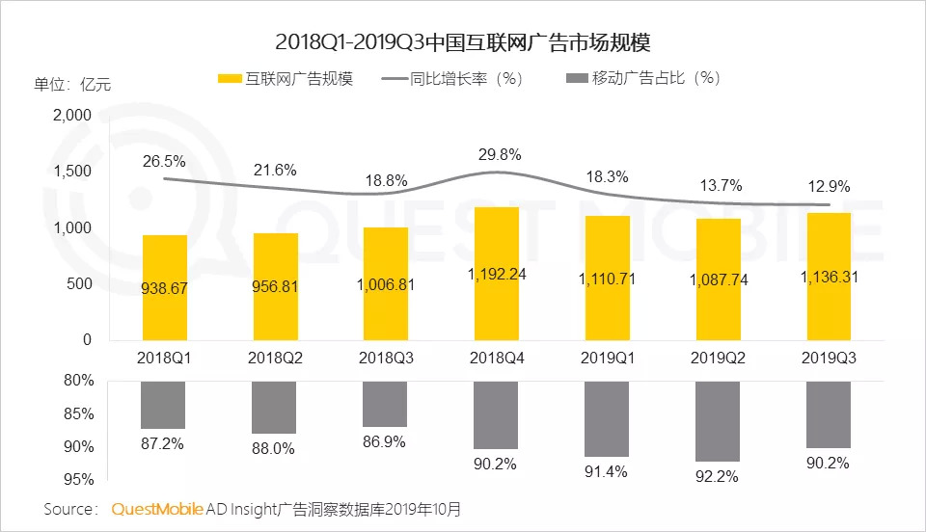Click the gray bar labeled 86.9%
click(x=385, y=404)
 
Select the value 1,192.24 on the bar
click(x=496, y=275)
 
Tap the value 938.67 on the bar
click(x=164, y=287)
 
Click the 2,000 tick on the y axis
click(x=71, y=115)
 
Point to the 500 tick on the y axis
click(x=79, y=283)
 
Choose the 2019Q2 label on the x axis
click(x=717, y=357)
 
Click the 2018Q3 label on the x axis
click(x=385, y=357)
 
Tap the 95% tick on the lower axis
click(x=79, y=479)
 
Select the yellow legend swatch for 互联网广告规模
click(x=230, y=79)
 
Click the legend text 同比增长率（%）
click(x=465, y=79)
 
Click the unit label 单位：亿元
click(x=71, y=84)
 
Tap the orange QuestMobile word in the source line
click(x=157, y=508)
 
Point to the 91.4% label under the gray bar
click(x=606, y=471)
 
